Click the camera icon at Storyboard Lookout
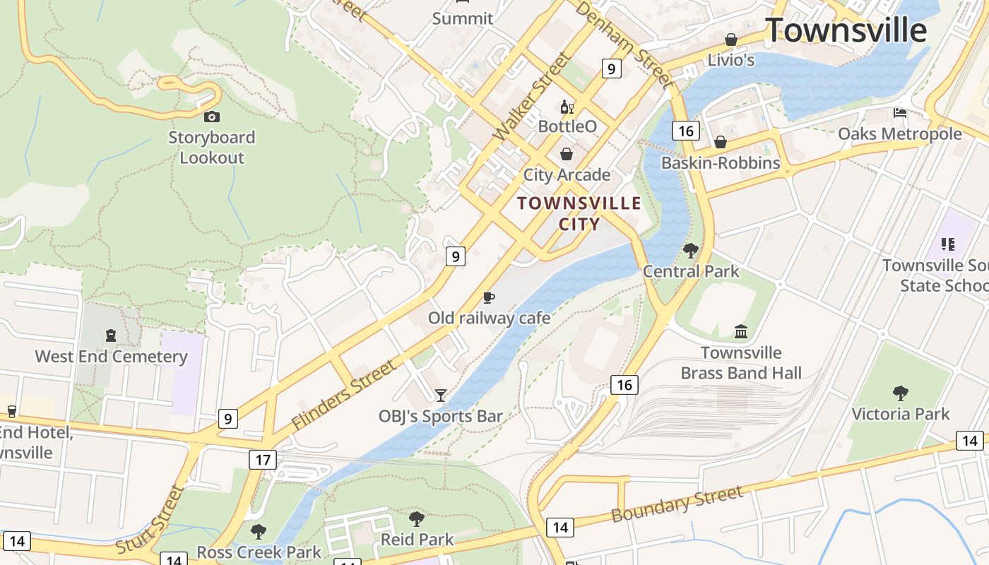point(211,117)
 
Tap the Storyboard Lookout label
point(211,148)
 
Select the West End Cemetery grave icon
point(111,335)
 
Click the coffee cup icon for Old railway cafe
point(489,297)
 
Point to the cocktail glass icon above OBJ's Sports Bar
point(441,395)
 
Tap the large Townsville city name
point(846,30)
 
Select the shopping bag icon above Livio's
point(731,40)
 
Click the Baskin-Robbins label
point(721,163)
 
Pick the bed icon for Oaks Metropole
point(899,112)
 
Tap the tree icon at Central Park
point(691,250)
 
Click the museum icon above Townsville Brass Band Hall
point(741,331)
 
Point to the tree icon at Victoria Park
point(901,393)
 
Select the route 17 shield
point(263,460)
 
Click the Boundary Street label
point(677,504)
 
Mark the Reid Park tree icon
point(417,519)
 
